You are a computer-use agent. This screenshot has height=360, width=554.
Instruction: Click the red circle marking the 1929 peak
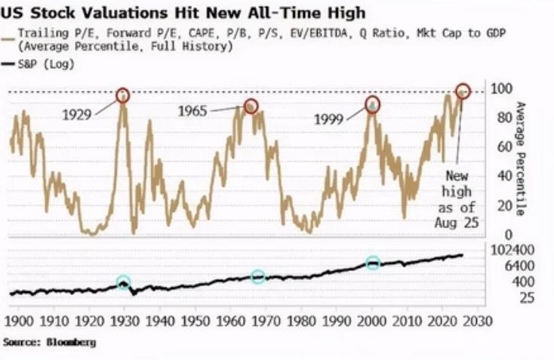pos(123,95)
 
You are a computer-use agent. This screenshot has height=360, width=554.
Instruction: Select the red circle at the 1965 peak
pos(251,106)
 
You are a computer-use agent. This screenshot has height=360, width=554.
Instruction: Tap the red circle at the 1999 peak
pos(373,103)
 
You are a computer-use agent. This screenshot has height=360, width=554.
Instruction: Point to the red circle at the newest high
pos(463,91)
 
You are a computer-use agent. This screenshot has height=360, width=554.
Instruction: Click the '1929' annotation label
pos(77,115)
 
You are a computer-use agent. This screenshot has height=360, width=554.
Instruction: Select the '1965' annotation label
pos(193,112)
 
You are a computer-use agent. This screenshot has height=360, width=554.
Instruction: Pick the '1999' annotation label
pos(330,118)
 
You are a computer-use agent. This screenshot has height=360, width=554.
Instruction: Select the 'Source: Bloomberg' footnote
pos(49,342)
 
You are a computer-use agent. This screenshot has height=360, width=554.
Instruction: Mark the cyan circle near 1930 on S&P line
pos(124,283)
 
